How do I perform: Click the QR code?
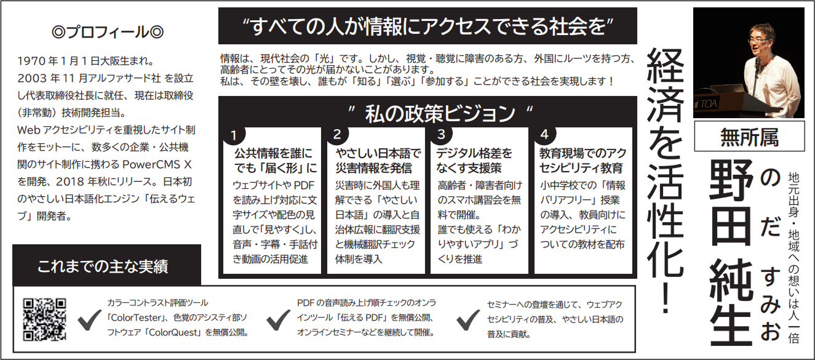[44, 319]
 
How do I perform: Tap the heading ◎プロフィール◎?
[108, 32]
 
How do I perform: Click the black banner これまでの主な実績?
[106, 265]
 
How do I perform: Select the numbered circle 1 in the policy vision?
[234, 135]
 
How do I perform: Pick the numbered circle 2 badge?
[337, 134]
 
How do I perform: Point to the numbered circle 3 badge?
[441, 134]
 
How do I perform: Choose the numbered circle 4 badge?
[544, 134]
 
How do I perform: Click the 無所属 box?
[750, 137]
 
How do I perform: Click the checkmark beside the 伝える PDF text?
[279, 319]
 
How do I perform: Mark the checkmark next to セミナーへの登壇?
[468, 319]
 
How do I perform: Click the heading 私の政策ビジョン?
[440, 113]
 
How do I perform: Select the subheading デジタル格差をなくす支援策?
[474, 161]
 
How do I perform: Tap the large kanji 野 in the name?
[731, 181]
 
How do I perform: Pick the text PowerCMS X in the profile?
[157, 164]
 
